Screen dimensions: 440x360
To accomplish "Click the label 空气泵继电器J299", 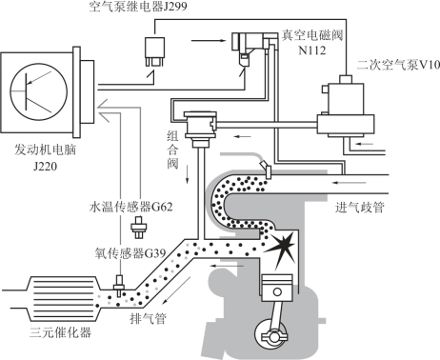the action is click(138, 7).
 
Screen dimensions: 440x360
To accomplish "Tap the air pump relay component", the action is click(154, 51).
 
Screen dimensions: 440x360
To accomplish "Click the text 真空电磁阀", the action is click(312, 35).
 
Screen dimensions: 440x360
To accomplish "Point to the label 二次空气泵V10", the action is click(398, 65).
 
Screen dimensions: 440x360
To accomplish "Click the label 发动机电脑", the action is click(45, 150).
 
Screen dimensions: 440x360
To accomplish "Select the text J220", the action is click(45, 166).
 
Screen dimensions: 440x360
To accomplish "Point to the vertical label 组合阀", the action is click(173, 150).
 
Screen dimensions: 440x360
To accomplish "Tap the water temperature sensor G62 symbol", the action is click(139, 228).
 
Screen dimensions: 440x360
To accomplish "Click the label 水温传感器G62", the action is click(131, 207).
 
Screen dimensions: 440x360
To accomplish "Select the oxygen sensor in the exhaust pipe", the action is click(119, 284).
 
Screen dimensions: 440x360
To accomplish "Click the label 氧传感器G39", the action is click(130, 253).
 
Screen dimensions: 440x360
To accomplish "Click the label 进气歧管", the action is click(360, 208).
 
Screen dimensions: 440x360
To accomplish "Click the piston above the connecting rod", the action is click(277, 288).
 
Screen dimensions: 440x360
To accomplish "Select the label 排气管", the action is click(149, 318).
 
